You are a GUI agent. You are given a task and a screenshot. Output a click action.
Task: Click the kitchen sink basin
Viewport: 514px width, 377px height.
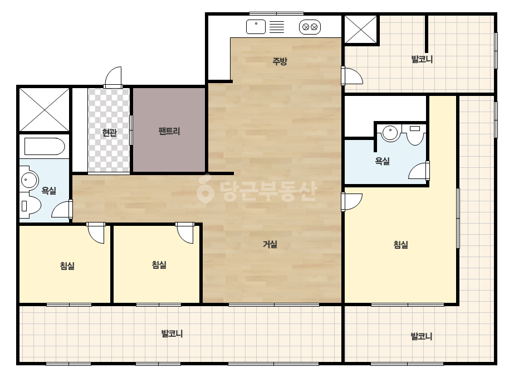click(256, 27)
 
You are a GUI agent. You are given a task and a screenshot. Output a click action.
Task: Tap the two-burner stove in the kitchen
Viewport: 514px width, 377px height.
click(310, 27)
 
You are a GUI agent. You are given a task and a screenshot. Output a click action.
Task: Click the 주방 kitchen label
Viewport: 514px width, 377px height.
click(280, 61)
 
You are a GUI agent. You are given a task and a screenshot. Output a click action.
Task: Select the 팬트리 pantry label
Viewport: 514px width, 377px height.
click(169, 131)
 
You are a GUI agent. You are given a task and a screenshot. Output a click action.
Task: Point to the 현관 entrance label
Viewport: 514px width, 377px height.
click(109, 132)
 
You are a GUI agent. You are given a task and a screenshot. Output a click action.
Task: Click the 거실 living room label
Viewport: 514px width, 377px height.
click(270, 244)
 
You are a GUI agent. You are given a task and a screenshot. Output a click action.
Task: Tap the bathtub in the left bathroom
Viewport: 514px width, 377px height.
click(45, 146)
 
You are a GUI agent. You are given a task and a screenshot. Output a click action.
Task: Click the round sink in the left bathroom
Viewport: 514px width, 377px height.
click(30, 180)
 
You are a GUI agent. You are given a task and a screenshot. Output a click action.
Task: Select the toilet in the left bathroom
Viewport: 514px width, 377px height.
click(30, 205)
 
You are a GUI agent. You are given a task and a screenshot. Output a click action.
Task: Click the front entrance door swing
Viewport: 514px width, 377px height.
click(112, 78)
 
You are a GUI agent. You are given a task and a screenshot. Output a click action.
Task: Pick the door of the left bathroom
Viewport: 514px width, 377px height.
click(62, 209)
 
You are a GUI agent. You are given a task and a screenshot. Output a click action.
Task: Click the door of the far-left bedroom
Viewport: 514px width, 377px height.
click(96, 233)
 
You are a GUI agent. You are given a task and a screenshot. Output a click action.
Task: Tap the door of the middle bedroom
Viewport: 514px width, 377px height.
click(184, 233)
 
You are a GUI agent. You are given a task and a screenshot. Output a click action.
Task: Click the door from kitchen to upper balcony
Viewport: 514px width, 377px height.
click(352, 76)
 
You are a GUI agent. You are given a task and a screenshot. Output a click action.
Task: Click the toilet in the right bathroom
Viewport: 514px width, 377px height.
click(415, 136)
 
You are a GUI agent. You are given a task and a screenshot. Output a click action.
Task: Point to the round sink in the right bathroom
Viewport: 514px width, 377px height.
click(390, 133)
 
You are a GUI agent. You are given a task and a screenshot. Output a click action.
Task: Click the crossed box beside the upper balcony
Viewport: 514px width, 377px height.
click(361, 30)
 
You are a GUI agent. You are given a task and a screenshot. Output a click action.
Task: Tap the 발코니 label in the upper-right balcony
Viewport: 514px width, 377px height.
click(422, 60)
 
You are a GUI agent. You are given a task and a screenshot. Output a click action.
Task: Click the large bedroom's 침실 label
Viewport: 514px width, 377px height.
click(400, 245)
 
